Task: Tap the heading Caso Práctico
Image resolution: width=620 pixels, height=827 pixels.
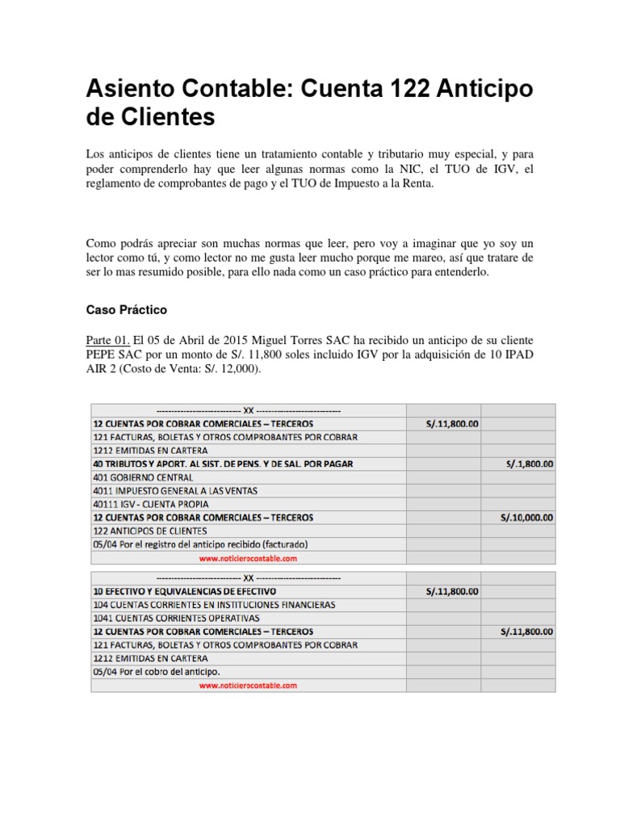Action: coord(126,309)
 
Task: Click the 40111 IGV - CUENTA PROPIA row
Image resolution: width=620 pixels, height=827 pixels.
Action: coord(150,504)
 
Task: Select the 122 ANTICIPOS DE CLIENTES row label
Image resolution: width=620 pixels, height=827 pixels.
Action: coord(150,531)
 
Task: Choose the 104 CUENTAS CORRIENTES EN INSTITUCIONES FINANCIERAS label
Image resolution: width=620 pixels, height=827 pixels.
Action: coord(214,605)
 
